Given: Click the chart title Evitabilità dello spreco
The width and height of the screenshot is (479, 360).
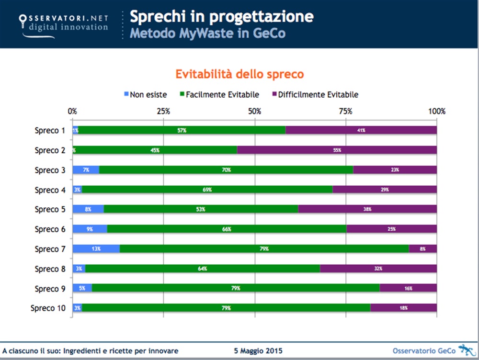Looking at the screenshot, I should [x=239, y=74].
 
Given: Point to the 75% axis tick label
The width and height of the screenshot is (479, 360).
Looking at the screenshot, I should [x=345, y=111].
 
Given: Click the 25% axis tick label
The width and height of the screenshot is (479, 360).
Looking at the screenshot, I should [x=164, y=111].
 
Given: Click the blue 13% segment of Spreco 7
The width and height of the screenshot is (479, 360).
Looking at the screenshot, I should [x=96, y=249].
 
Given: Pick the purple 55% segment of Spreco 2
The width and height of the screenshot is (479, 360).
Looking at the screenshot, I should [x=337, y=150].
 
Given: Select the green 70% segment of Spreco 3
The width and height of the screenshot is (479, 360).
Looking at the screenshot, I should [x=226, y=170].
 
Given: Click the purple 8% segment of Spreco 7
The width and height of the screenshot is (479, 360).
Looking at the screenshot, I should [x=422, y=249].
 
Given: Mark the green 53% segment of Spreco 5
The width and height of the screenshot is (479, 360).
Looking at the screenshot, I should [x=201, y=209].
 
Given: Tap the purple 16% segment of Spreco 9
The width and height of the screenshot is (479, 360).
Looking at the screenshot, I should [x=408, y=288].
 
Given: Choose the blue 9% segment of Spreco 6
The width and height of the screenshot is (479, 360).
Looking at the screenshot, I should [x=90, y=229].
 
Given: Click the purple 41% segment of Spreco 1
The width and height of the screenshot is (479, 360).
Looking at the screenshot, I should [x=361, y=130].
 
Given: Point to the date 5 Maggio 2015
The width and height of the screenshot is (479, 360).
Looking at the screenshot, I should [x=258, y=351].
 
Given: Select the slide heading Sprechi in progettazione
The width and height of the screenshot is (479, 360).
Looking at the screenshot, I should [x=222, y=17].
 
